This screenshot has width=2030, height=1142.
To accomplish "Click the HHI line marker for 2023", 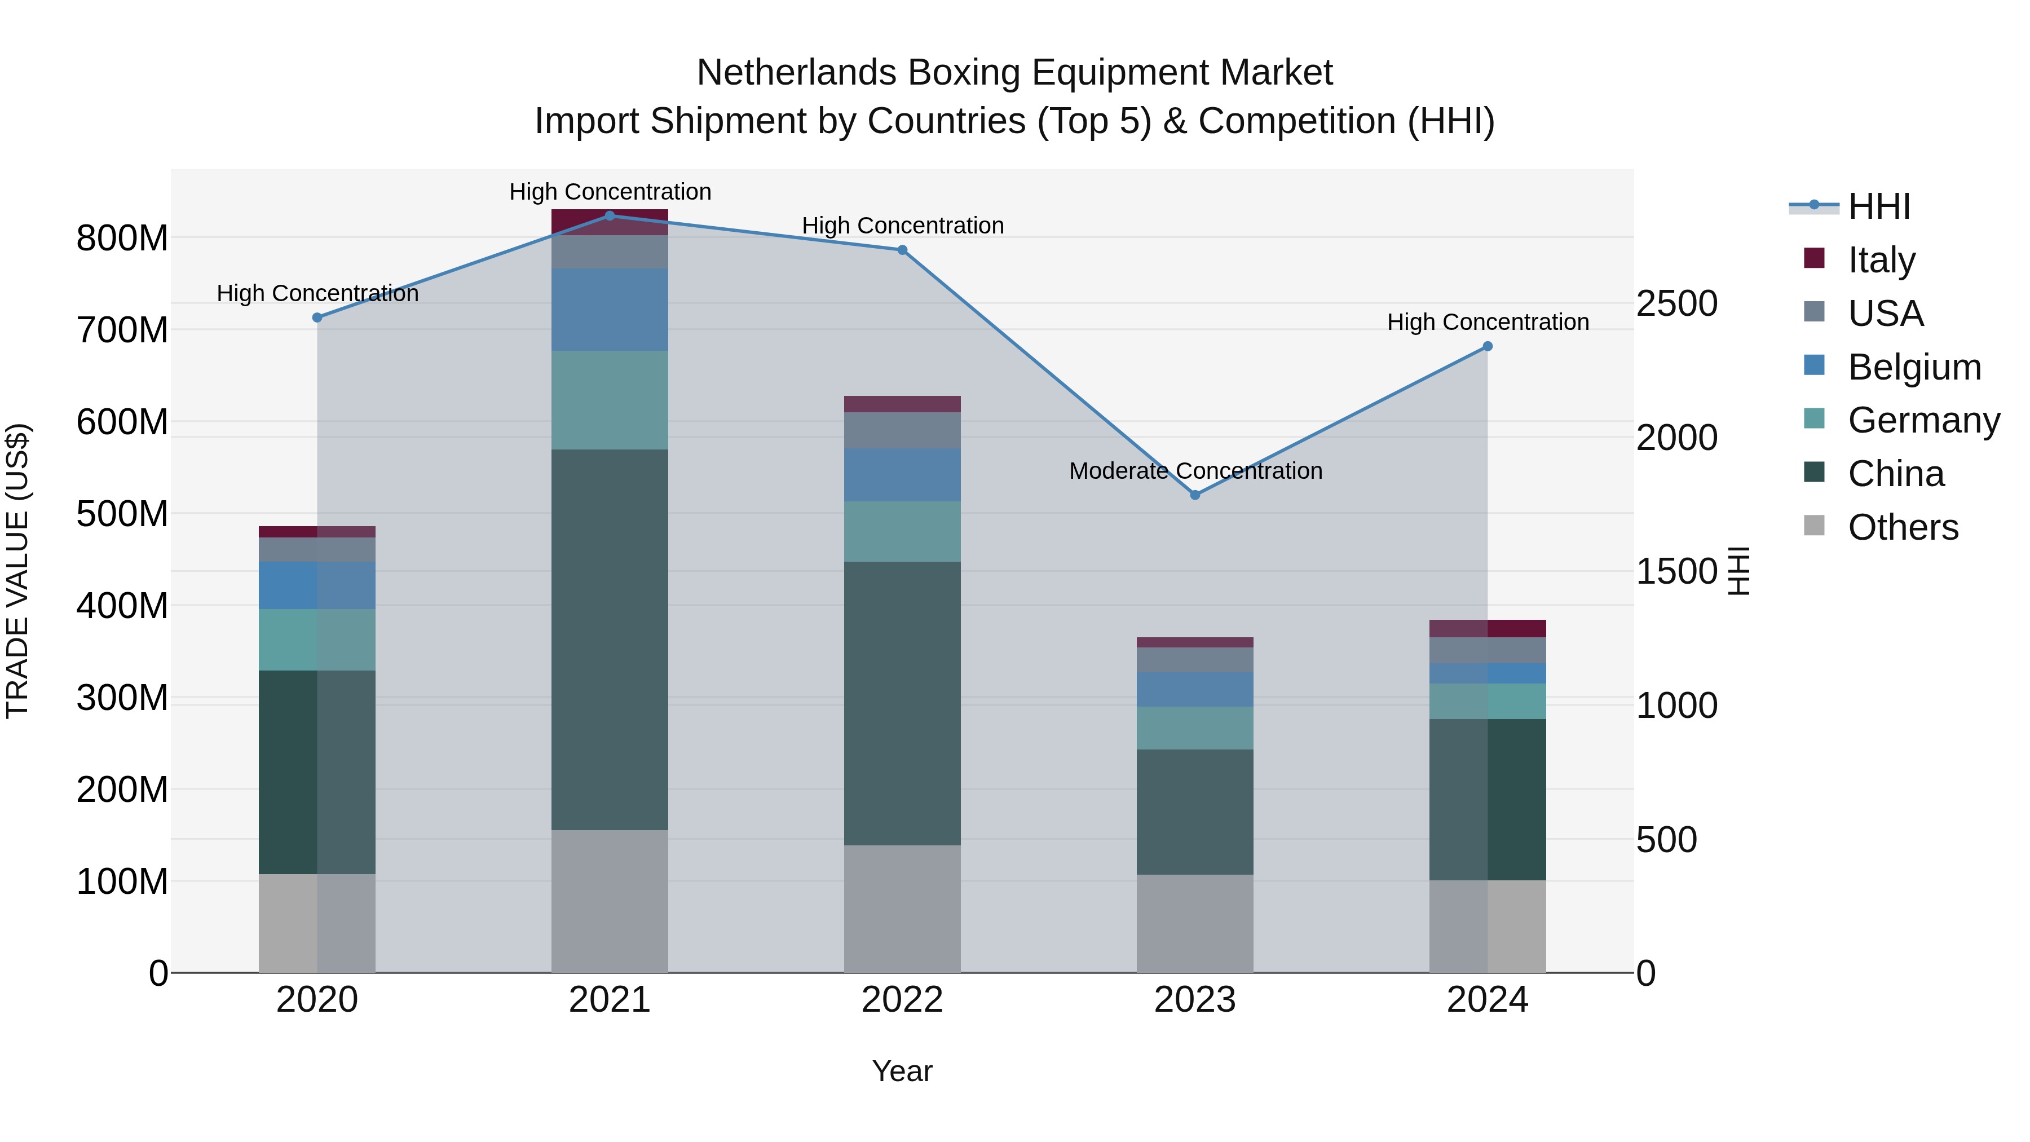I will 1195,495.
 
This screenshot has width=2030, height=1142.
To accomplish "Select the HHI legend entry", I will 1879,206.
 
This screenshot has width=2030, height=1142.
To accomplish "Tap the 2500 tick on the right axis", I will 1676,303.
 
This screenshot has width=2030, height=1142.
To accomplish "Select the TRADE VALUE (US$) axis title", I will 17,571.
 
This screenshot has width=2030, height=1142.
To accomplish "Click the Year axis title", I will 902,1071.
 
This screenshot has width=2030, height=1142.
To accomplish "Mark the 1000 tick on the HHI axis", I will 1676,706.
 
